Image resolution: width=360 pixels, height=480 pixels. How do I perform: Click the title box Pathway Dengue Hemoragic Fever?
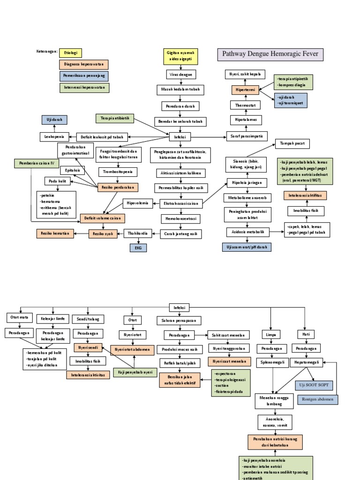(x=270, y=54)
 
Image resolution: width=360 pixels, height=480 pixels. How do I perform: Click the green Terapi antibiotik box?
(x=115, y=118)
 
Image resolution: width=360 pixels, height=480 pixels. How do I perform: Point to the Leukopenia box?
(x=54, y=137)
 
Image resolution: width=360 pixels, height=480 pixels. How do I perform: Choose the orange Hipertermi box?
(x=245, y=90)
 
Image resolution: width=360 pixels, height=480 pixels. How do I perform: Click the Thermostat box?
(x=245, y=105)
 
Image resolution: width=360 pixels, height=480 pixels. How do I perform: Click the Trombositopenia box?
(x=118, y=172)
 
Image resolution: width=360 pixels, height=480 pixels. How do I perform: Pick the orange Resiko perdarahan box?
(x=118, y=187)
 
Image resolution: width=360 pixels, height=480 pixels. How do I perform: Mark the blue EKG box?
(x=138, y=247)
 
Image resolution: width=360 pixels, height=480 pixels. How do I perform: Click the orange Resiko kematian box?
(x=55, y=233)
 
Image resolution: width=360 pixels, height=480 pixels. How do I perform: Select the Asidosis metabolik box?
(x=248, y=232)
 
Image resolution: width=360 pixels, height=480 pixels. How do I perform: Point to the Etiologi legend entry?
(x=70, y=52)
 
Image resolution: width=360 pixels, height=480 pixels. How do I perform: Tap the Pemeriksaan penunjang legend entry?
(x=83, y=76)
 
